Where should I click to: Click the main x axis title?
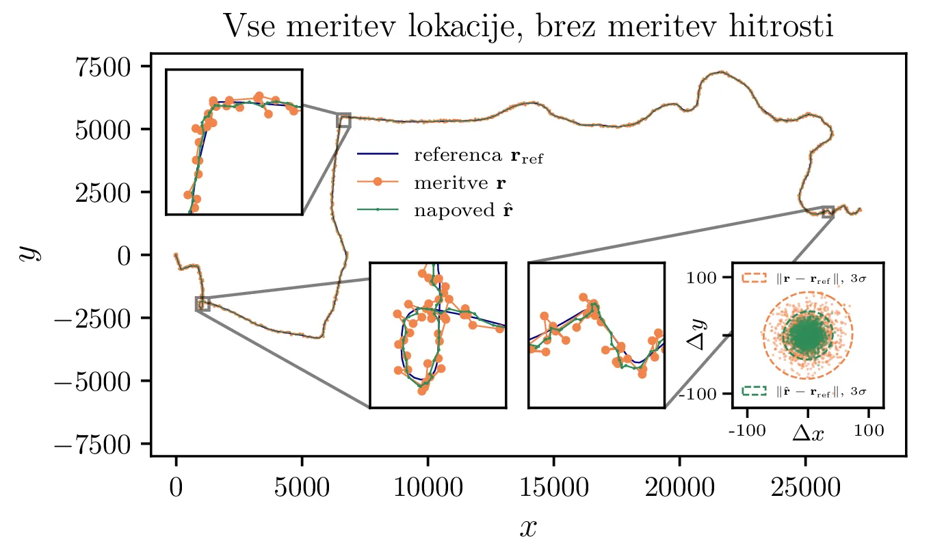(x=528, y=527)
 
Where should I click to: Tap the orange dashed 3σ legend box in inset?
(x=755, y=278)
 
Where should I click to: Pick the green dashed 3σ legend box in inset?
(x=755, y=392)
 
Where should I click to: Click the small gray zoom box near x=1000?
(x=202, y=304)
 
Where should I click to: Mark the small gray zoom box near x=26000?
(x=828, y=212)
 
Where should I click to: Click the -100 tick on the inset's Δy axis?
(x=713, y=393)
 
